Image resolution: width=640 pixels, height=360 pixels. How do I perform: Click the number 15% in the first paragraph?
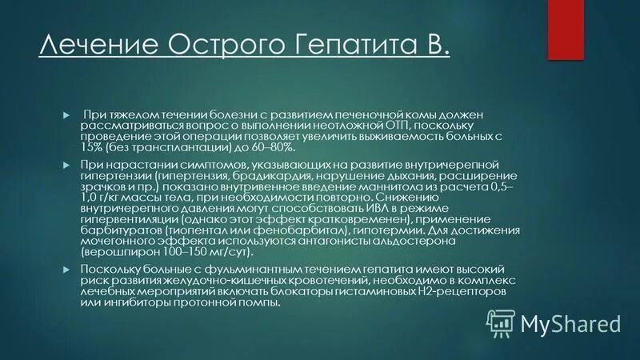tap(90, 149)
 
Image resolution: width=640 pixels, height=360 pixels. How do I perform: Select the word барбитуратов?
tap(117, 230)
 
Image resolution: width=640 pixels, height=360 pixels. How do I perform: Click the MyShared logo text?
tap(570, 323)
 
